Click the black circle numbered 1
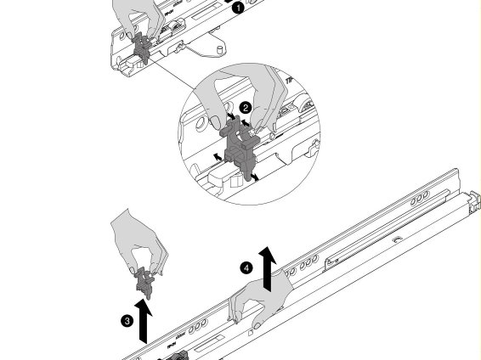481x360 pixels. pyautogui.click(x=238, y=8)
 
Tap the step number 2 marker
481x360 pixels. pyautogui.click(x=246, y=108)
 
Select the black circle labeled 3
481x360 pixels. pyautogui.click(x=127, y=321)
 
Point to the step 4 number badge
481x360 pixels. pyautogui.click(x=246, y=268)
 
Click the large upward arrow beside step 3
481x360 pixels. pyautogui.click(x=144, y=321)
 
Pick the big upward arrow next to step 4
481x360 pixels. pyautogui.click(x=268, y=268)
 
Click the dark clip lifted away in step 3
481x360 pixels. pyautogui.click(x=144, y=283)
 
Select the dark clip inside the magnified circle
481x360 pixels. pyautogui.click(x=240, y=148)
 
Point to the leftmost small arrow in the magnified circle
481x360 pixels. pyautogui.click(x=218, y=157)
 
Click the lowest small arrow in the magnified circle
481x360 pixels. pyautogui.click(x=255, y=177)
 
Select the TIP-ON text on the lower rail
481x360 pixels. pyautogui.click(x=171, y=346)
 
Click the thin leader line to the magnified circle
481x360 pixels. pyautogui.click(x=172, y=75)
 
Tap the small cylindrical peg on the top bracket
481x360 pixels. pyautogui.click(x=220, y=50)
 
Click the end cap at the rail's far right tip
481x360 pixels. pyautogui.click(x=474, y=200)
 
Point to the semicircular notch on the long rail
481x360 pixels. pyautogui.click(x=397, y=239)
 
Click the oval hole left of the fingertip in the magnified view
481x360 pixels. pyautogui.click(x=201, y=124)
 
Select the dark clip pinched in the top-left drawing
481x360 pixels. pyautogui.click(x=142, y=48)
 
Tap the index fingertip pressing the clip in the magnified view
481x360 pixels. pyautogui.click(x=216, y=122)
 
